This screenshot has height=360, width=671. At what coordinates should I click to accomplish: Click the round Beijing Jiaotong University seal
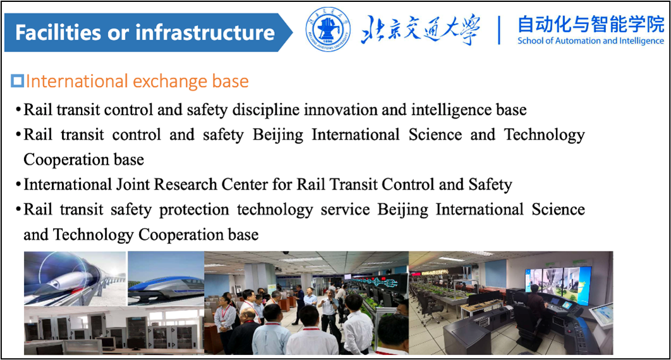pos(328,30)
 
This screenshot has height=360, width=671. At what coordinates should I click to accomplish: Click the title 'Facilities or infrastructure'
pos(145,32)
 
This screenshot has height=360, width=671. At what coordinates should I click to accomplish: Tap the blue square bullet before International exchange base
pos(18,81)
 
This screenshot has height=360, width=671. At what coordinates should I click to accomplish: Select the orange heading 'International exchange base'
pos(137,81)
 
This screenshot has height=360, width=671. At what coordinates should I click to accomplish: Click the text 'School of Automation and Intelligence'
pos(591,41)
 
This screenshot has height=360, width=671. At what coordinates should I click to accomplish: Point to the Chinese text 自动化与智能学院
pos(591,25)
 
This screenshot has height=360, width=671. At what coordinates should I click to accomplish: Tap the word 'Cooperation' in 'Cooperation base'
pos(60,160)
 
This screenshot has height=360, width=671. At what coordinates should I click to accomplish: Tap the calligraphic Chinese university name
pos(421,30)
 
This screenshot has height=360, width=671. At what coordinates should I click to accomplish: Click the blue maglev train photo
pos(166,279)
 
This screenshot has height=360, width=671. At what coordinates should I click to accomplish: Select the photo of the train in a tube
pos(75,279)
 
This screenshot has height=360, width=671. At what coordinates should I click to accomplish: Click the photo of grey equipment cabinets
pos(114,330)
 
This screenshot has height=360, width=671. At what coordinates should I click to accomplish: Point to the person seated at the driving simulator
pos(535,305)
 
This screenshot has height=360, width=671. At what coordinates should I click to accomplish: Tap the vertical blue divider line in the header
pos(499,30)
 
